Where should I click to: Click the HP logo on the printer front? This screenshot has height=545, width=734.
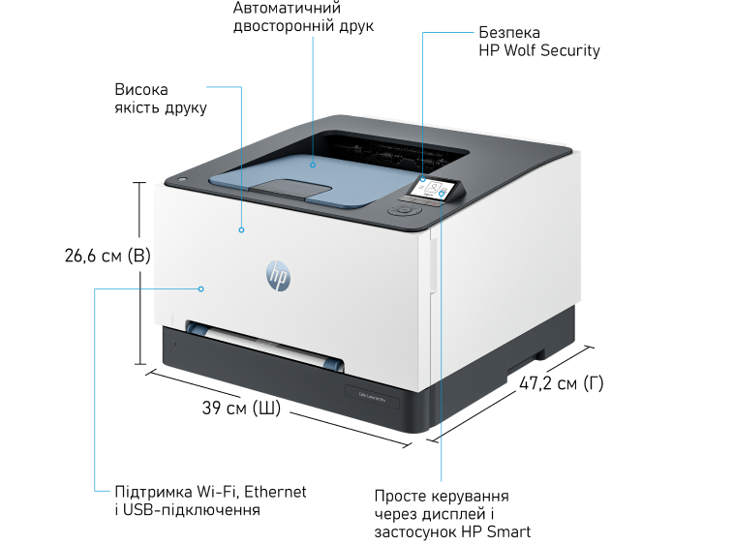click(278, 276)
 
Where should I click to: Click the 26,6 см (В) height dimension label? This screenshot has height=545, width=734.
click(107, 256)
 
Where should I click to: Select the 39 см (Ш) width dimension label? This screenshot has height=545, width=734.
click(241, 408)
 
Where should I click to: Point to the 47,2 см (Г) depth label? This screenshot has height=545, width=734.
click(562, 383)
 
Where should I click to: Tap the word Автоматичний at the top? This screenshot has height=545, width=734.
click(287, 8)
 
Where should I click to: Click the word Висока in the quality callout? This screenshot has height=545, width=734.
click(141, 89)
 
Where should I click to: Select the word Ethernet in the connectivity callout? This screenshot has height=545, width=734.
click(275, 492)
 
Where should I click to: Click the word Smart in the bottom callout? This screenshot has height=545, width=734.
click(508, 531)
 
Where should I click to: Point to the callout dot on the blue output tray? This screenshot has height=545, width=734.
click(313, 166)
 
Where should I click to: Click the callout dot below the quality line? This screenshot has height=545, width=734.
click(241, 229)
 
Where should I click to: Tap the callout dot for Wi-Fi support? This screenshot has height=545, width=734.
click(200, 288)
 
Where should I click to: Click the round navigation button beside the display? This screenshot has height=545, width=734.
click(404, 210)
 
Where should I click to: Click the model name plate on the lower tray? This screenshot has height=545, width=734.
click(372, 397)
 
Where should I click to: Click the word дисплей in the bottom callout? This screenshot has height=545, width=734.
click(453, 514)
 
